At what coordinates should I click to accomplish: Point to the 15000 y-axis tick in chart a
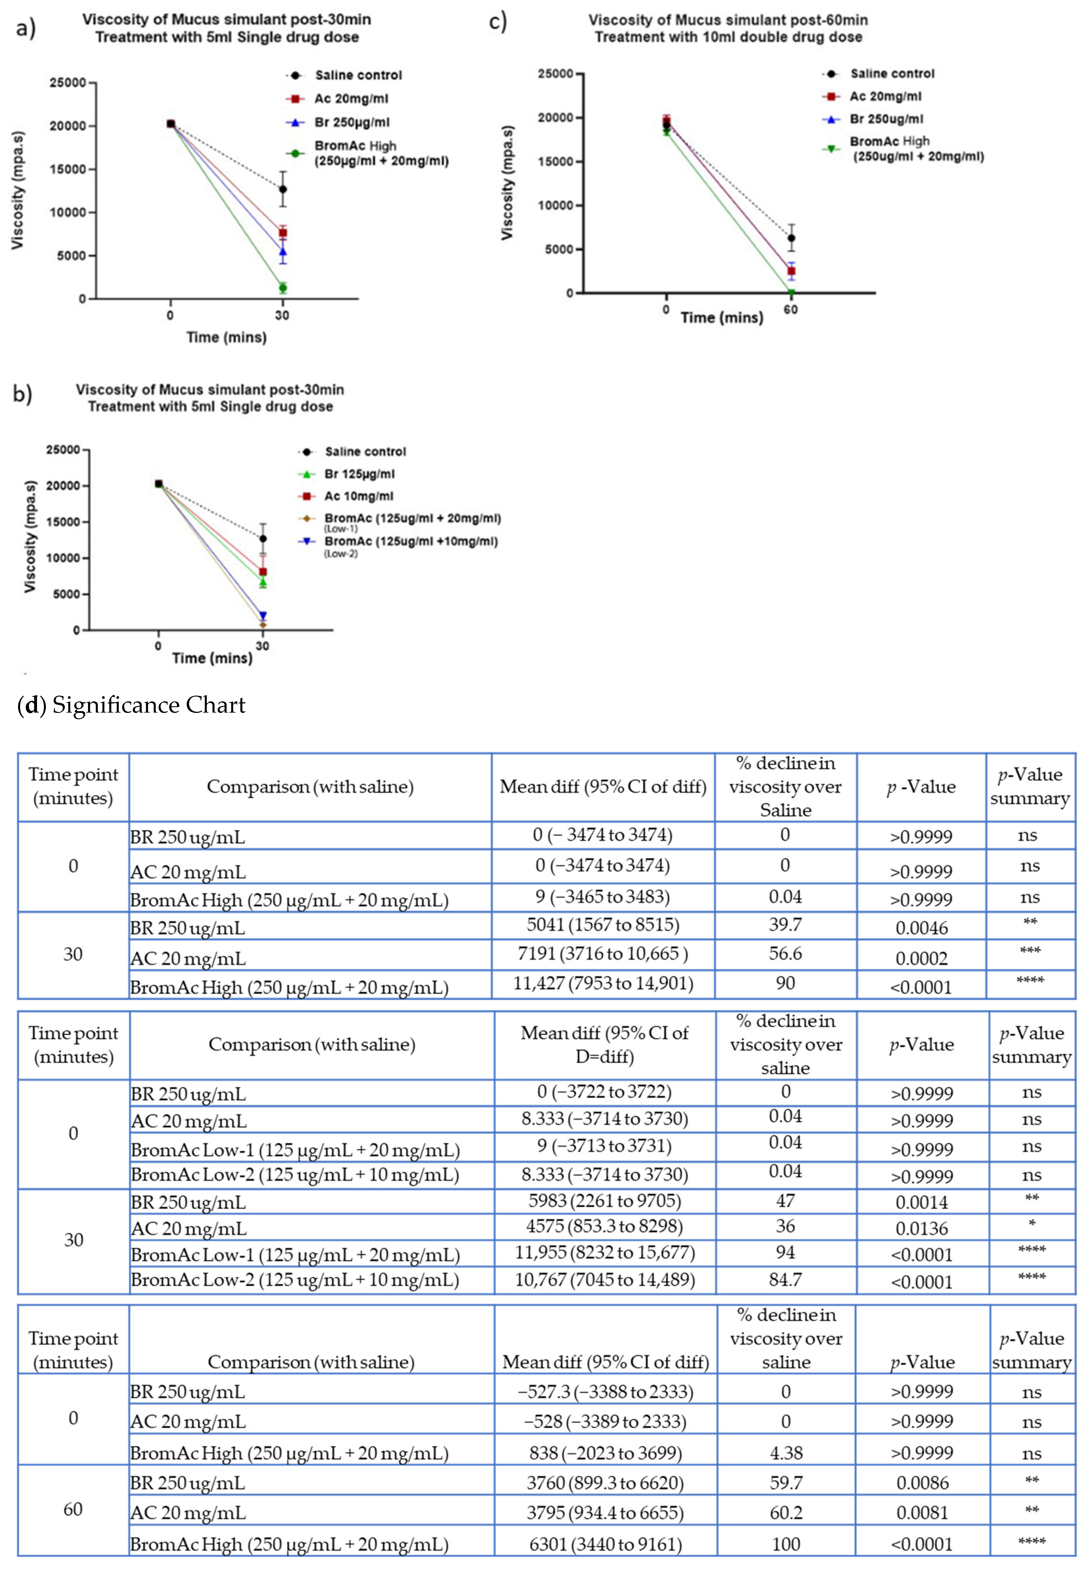click(x=68, y=169)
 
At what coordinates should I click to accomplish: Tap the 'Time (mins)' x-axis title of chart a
click(x=227, y=337)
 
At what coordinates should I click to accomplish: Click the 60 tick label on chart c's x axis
click(x=790, y=310)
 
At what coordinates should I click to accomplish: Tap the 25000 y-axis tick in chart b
click(x=63, y=450)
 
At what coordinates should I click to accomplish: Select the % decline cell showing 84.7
click(x=785, y=1279)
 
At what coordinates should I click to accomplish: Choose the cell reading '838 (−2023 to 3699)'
click(x=605, y=1453)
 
